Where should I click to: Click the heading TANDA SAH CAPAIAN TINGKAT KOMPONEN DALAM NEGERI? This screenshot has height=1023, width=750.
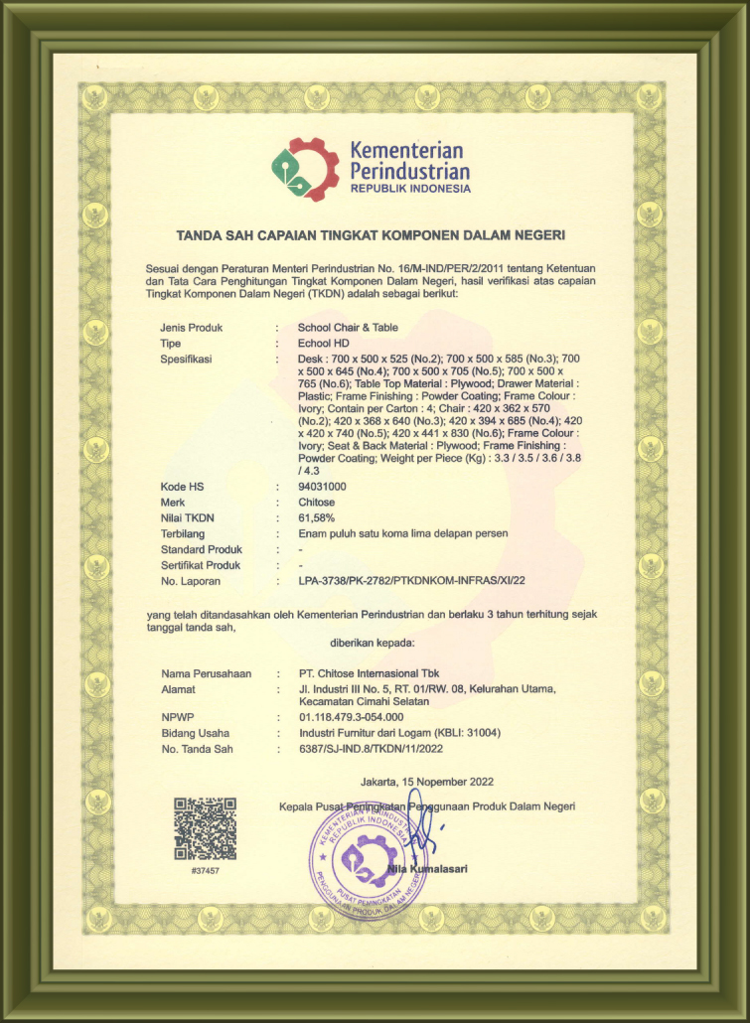point(371,235)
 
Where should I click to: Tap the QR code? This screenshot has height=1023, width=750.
point(206,828)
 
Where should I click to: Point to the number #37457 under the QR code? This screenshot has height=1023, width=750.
point(205,870)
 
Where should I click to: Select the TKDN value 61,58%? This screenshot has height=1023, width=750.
point(317,517)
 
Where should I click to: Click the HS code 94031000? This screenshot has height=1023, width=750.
point(323,487)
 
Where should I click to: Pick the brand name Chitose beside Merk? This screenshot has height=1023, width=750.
point(318,503)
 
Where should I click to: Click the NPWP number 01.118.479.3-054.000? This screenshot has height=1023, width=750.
point(352,716)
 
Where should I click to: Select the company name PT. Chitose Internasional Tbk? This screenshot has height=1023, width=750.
point(369,674)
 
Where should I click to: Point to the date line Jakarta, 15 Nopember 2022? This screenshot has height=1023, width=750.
point(427,782)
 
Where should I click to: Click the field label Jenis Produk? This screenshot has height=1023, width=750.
point(192,327)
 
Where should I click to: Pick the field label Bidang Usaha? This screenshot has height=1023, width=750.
point(195,732)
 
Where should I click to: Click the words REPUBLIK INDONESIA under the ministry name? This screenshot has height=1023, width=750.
point(409,188)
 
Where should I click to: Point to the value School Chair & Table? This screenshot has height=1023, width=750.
point(349,327)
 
